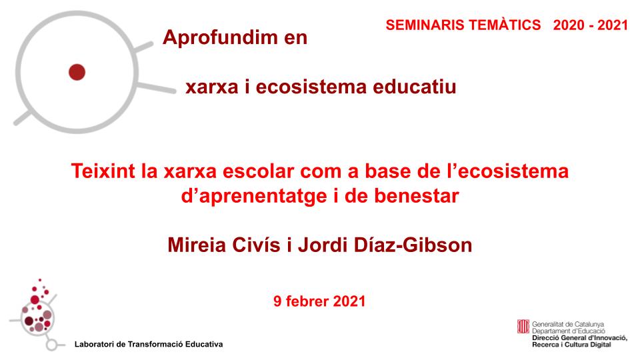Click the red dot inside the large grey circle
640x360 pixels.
tap(77, 71)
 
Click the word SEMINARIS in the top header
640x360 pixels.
tap(416, 25)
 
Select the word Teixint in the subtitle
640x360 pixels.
tap(103, 172)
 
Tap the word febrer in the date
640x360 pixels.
tap(307, 301)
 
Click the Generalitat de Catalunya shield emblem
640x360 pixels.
tap(523, 327)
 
